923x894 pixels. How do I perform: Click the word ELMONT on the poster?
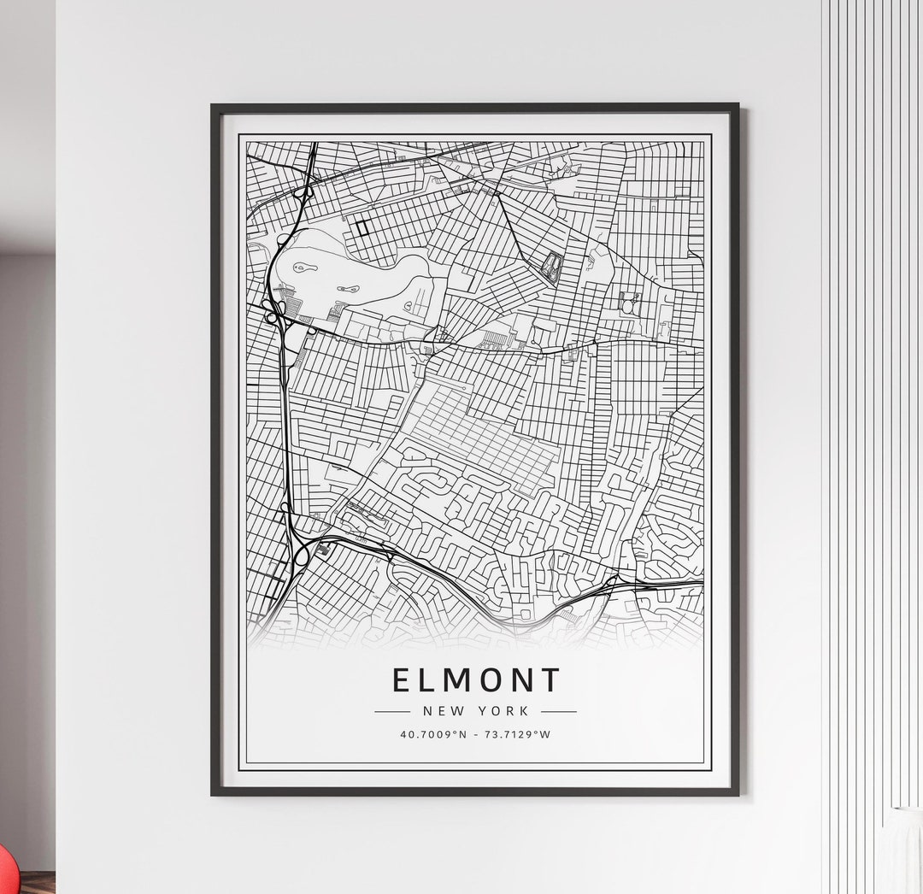coord(476,680)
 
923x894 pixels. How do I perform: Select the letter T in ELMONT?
coord(550,680)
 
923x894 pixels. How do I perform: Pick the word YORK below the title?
coord(504,710)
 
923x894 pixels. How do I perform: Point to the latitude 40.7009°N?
coord(432,734)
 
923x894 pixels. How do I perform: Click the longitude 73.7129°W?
coord(520,734)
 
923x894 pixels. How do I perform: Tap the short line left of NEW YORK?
coord(392,710)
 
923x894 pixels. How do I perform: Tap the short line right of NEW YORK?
coord(559,710)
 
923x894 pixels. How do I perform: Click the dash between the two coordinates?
coord(475,734)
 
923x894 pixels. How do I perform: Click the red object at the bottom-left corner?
coord(5,871)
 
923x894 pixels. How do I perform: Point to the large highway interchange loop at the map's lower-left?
coord(302,555)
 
